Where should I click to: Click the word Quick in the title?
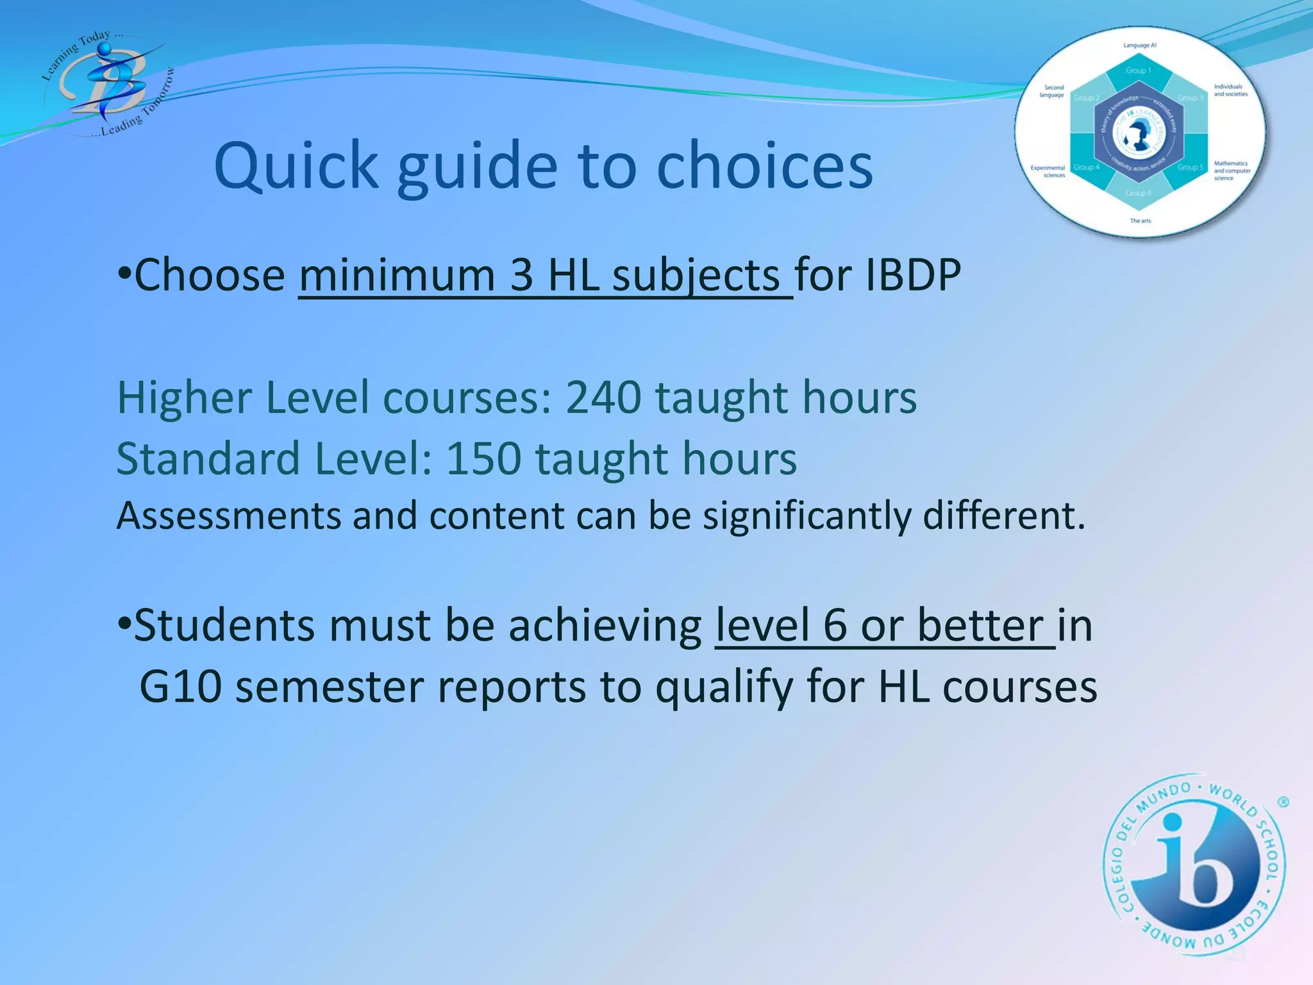(x=296, y=167)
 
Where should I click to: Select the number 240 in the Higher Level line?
(x=603, y=398)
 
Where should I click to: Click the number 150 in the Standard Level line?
(x=483, y=459)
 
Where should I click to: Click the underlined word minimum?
(x=397, y=276)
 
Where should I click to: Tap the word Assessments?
(x=229, y=516)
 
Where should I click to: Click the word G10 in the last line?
(x=180, y=687)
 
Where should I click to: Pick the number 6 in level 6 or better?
(x=835, y=625)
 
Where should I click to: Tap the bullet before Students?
(x=124, y=622)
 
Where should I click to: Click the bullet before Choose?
(x=124, y=272)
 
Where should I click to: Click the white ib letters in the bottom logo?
(x=1192, y=872)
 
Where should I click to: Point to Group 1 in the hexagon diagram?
(x=1139, y=71)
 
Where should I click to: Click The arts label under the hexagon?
(x=1140, y=221)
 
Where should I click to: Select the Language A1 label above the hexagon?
(x=1139, y=46)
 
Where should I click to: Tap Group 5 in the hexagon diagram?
(x=1190, y=167)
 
